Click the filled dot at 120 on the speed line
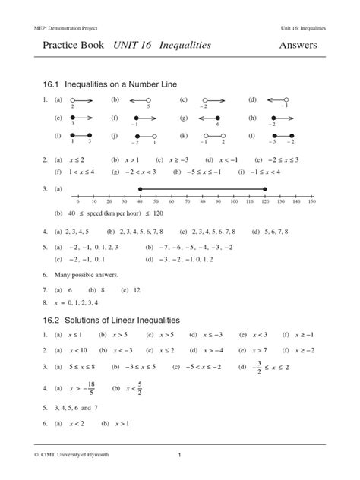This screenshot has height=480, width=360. [265, 189]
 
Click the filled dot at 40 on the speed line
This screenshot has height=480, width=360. [140, 189]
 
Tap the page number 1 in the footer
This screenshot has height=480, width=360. [179, 456]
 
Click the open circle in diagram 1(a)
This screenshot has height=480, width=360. [72, 99]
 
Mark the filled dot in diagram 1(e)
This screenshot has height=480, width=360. [73, 118]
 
